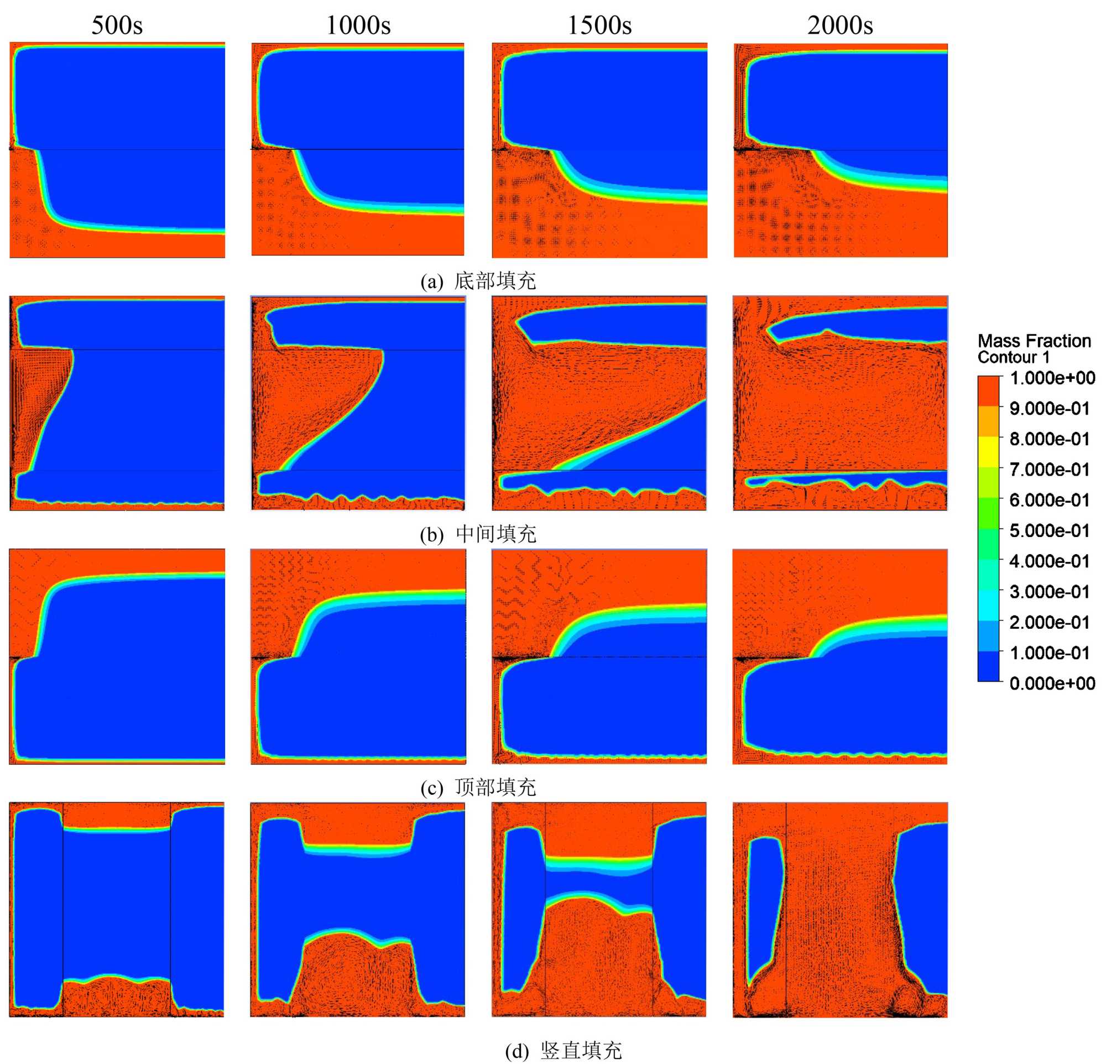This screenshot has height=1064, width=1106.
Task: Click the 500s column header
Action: click(117, 25)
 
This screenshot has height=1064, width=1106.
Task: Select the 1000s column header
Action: click(358, 25)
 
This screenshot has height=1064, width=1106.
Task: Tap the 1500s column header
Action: click(599, 25)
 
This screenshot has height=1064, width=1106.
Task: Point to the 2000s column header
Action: click(840, 25)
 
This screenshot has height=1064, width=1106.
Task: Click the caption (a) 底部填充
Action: click(478, 281)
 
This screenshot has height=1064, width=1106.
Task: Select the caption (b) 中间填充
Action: click(478, 534)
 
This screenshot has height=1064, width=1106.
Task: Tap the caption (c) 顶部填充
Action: click(478, 787)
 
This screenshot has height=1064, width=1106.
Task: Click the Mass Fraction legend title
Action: click(1034, 341)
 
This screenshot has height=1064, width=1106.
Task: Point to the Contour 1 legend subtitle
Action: click(1014, 357)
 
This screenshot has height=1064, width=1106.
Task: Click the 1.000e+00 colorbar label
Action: click(1052, 378)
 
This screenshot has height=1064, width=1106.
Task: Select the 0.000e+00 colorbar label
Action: click(1052, 683)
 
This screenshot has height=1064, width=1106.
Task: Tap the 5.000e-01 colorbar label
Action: click(1050, 530)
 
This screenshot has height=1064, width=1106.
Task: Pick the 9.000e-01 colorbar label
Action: click(1050, 409)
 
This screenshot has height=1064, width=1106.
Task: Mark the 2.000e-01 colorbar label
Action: click(1050, 622)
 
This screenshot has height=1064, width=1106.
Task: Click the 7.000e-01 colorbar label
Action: click(1050, 470)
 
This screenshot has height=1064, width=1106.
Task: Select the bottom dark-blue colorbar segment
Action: click(988, 666)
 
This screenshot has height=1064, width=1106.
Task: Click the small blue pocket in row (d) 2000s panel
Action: click(765, 908)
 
